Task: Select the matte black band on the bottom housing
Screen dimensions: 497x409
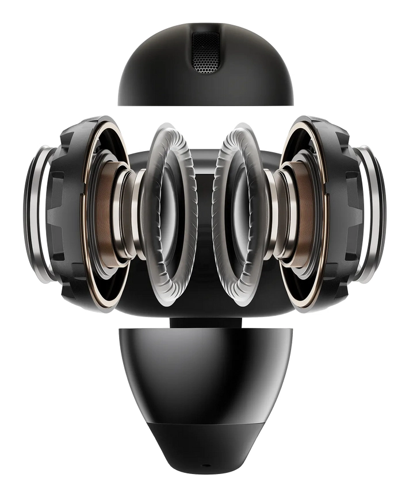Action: [205, 442]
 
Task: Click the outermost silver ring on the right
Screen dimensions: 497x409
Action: [377, 213]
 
